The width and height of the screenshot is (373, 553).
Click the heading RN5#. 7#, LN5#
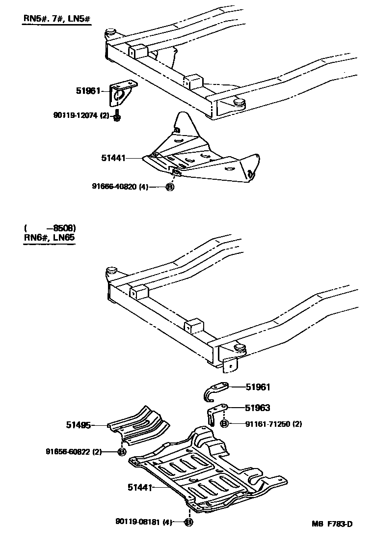point(57,19)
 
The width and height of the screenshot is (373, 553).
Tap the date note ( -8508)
point(50,228)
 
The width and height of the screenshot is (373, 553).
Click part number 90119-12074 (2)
point(81,115)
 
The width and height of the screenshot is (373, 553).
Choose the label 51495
point(79,425)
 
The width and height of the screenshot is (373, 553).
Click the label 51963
point(258,408)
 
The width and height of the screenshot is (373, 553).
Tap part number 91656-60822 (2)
point(74,452)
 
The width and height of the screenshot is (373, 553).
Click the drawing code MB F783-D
point(331,524)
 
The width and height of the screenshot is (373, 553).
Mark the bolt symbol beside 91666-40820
point(170,187)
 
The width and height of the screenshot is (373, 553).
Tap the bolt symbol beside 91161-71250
point(224,424)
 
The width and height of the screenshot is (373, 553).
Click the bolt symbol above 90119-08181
point(188,522)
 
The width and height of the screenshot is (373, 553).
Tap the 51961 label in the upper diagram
point(88,91)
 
